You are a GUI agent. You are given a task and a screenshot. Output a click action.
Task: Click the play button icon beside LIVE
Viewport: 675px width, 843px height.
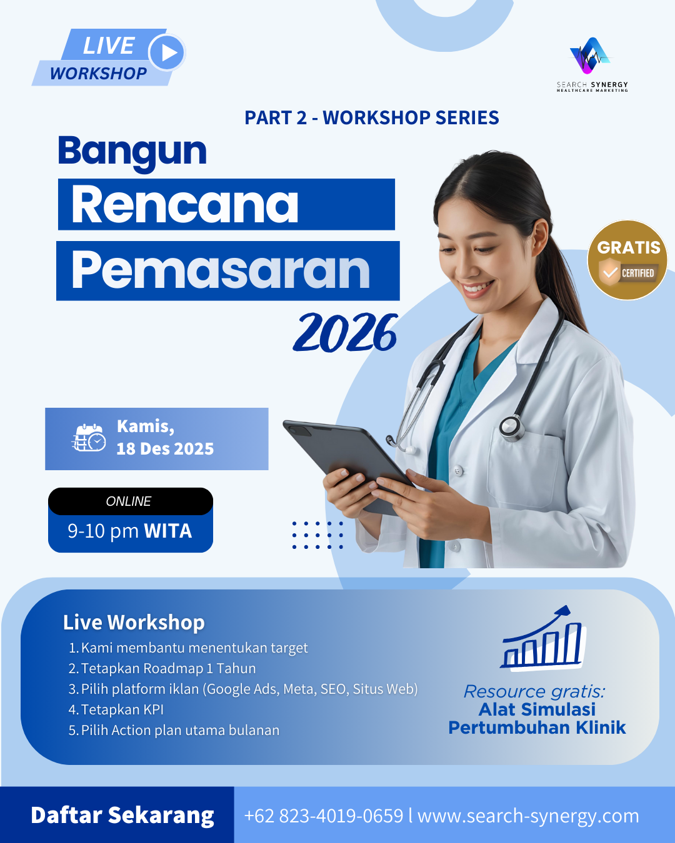pos(167,52)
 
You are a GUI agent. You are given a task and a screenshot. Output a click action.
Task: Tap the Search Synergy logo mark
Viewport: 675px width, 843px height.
pos(590,56)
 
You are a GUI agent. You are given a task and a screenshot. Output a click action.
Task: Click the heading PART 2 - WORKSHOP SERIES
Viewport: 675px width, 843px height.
pos(371,117)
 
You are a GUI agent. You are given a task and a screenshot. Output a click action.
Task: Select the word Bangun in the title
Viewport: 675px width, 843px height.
pos(132,153)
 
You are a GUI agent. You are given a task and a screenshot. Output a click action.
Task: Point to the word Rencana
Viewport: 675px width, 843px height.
pos(184,204)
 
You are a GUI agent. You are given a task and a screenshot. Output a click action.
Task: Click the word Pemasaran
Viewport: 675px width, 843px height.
pos(220,270)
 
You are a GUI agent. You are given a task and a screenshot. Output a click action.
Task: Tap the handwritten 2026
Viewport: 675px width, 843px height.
pos(345,332)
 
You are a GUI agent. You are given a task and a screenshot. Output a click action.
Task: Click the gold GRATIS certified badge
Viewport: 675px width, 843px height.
pos(627,260)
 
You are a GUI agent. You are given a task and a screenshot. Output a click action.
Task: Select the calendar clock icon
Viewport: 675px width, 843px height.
pos(89,438)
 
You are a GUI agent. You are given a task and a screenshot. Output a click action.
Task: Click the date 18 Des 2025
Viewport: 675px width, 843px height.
pos(165,448)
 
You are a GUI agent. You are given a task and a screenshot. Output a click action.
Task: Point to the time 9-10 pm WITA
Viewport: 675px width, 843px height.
pos(130,531)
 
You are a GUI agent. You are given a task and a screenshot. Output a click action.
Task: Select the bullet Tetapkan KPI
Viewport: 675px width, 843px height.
pos(116,709)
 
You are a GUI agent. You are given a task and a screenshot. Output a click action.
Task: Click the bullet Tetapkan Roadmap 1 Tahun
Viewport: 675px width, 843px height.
pos(162,668)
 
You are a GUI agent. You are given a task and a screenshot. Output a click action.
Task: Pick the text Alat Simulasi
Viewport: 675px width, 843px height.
pos(537,709)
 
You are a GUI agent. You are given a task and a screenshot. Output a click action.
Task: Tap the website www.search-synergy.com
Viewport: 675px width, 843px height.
pos(528,816)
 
